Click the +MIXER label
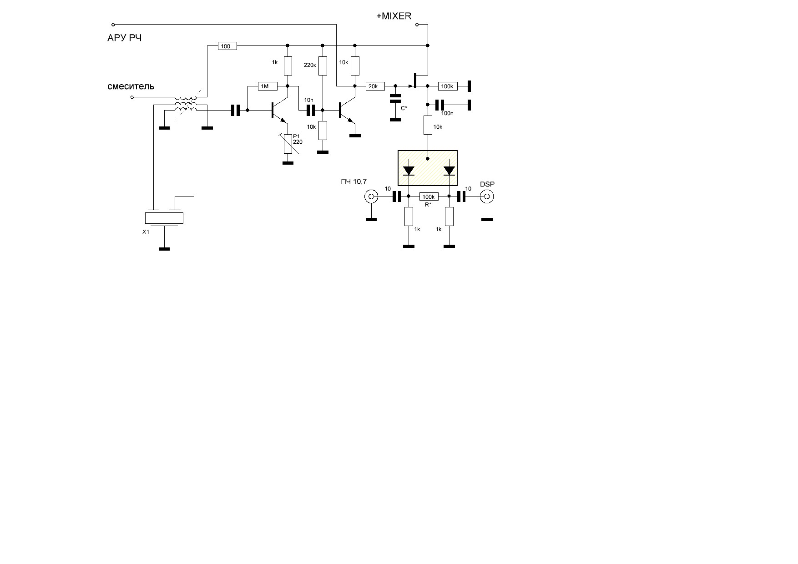[394, 16]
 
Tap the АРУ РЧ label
[124, 38]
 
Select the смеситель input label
[131, 86]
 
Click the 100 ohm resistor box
[227, 46]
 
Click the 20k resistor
[375, 86]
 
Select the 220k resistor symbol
[323, 65]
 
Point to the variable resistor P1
[288, 143]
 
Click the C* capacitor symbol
[395, 98]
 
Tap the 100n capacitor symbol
[439, 105]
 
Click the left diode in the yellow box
[409, 171]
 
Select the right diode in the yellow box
[449, 171]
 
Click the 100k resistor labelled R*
[429, 196]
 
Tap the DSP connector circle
[487, 196]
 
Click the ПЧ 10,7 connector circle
[371, 196]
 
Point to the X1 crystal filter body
[164, 218]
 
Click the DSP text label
[487, 184]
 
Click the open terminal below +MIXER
[417, 25]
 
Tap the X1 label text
[146, 232]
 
